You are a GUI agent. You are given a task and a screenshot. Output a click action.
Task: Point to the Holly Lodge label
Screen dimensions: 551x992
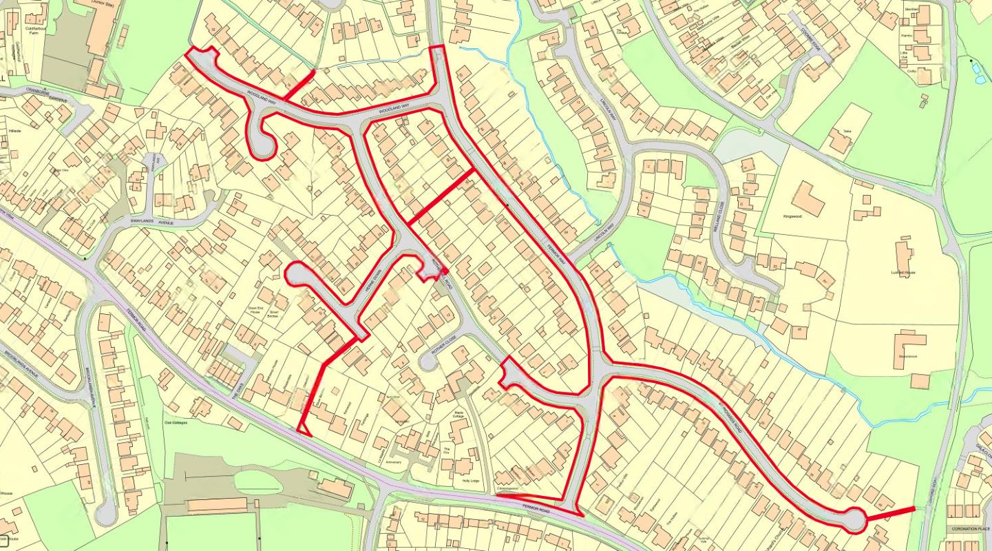pyautogui.click(x=470, y=481)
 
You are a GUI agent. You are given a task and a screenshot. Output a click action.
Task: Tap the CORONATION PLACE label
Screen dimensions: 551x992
pyautogui.click(x=969, y=529)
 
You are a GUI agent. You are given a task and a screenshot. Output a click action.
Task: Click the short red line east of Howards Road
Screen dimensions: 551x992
pyautogui.click(x=890, y=514)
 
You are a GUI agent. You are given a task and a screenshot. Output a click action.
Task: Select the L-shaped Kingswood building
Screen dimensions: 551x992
pyautogui.click(x=808, y=198)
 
